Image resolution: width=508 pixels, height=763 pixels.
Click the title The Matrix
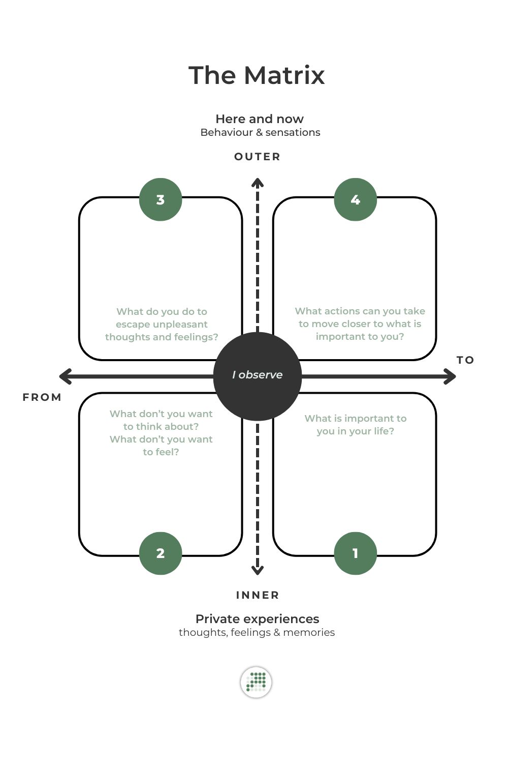pos(257,75)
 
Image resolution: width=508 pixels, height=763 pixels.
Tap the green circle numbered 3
pos(161,199)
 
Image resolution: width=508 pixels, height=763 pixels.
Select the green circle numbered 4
pos(355,199)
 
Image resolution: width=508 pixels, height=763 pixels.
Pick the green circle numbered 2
pos(161,553)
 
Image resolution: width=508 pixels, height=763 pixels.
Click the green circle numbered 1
pos(355,553)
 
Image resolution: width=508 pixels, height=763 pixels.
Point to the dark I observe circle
pos(258,375)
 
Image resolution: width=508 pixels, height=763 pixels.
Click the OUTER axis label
pos(257,157)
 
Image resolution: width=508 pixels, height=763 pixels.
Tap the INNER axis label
pos(258,595)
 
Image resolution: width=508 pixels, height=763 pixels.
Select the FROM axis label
pos(42,397)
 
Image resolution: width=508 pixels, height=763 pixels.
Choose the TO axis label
pos(465,360)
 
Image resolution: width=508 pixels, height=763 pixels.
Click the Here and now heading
pos(260,119)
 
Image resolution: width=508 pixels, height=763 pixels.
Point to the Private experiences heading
pos(257,619)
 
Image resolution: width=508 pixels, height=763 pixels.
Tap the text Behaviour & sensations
pos(260,132)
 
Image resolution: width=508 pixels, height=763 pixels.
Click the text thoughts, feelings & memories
pos(257,632)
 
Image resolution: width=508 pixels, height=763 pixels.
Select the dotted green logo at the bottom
pos(256,682)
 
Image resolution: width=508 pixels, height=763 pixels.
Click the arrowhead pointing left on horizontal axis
pos(64,376)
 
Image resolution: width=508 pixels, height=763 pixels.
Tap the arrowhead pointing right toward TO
pos(451,376)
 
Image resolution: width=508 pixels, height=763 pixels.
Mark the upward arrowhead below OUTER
pos(258,182)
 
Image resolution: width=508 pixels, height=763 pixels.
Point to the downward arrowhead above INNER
pos(258,570)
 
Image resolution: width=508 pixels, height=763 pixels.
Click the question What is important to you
pos(355,425)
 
